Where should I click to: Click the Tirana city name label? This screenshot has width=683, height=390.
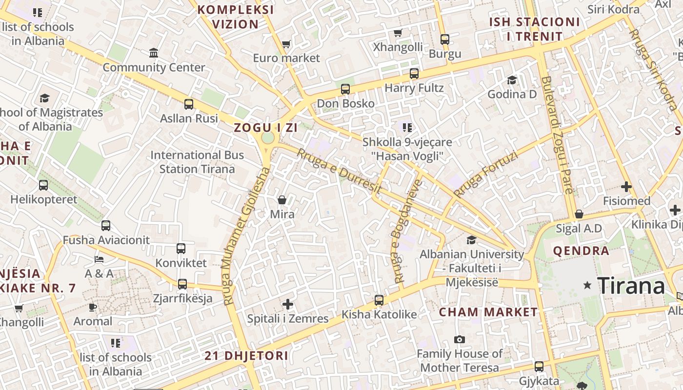[631, 286]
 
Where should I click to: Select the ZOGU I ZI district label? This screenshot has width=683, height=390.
[265, 128]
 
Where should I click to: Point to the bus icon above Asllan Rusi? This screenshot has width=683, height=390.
[189, 104]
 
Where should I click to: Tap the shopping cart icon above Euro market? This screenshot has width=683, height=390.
[286, 44]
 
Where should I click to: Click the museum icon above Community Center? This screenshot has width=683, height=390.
[154, 53]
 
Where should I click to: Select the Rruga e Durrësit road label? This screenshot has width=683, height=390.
[339, 171]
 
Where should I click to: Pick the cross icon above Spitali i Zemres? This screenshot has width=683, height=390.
[288, 305]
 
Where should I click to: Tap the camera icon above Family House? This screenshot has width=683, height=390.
[459, 339]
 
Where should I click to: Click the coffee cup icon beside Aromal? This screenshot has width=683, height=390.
[93, 307]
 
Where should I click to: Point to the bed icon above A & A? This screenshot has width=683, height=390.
[99, 259]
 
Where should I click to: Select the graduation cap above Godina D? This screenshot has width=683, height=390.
[512, 80]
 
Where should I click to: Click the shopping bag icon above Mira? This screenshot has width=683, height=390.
[282, 200]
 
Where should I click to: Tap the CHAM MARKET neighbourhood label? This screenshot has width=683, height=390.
[488, 312]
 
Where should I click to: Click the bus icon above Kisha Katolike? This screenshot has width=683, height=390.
[379, 300]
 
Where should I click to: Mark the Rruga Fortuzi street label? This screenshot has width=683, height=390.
[485, 174]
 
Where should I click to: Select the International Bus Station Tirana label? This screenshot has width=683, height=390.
[197, 162]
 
